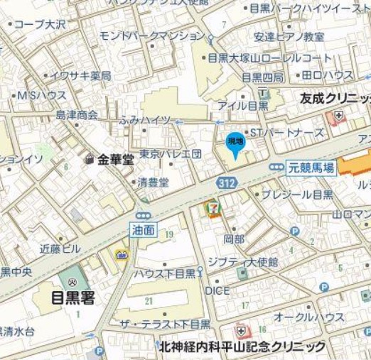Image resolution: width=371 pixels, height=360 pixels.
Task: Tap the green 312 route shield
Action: click(227, 184)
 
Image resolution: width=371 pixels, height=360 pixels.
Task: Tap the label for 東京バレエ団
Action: click(171, 153)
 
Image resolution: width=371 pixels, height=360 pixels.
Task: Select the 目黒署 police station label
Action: click(74, 298)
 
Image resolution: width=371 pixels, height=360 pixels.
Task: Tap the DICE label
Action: click(217, 290)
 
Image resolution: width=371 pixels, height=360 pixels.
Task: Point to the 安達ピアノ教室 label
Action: click(289, 37)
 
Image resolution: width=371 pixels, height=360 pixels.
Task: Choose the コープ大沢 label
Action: click(39, 23)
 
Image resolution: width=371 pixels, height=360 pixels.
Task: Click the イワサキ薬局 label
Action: click(84, 75)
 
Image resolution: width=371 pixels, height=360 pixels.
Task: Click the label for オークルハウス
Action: click(309, 316)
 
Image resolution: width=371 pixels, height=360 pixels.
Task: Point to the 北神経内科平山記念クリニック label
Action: click(242, 346)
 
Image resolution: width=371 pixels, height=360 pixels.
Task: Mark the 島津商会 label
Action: click(77, 114)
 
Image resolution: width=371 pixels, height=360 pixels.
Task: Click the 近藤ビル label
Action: click(60, 249)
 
